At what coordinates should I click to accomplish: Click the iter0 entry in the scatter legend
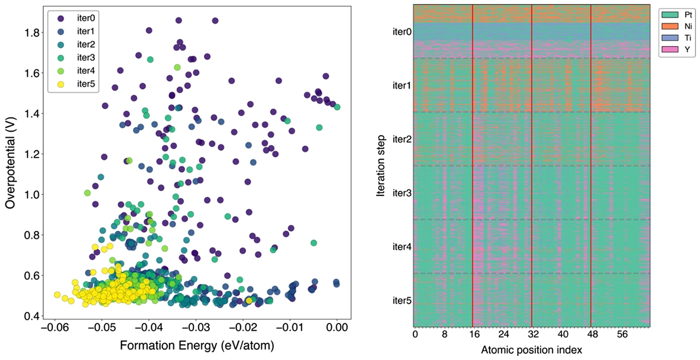click(73, 18)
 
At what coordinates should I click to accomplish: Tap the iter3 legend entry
click(73, 58)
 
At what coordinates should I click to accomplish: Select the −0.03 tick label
click(196, 329)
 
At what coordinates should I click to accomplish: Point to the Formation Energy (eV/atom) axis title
click(196, 345)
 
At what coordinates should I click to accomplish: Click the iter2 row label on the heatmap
click(402, 139)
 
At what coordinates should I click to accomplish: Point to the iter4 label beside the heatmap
click(402, 247)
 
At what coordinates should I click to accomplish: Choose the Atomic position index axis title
click(531, 350)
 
